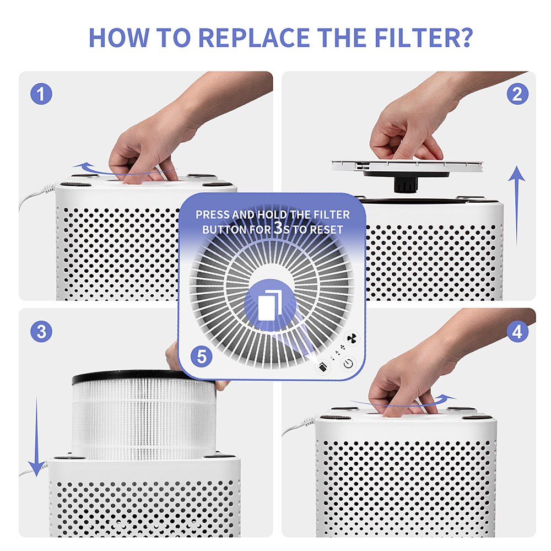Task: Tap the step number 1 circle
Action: pyautogui.click(x=41, y=94)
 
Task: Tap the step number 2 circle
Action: pyautogui.click(x=517, y=94)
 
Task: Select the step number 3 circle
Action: pyautogui.click(x=41, y=332)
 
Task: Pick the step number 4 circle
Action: pyautogui.click(x=517, y=332)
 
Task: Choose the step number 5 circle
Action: pyautogui.click(x=202, y=356)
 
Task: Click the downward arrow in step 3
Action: pyautogui.click(x=36, y=435)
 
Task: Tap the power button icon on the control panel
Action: pyautogui.click(x=348, y=364)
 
